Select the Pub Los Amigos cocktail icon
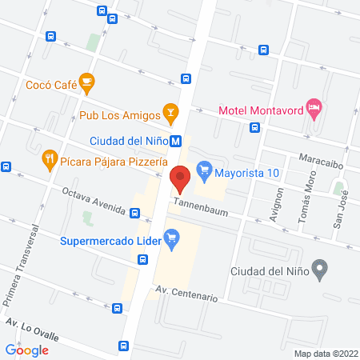(x=170, y=111)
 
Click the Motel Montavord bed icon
(x=314, y=106)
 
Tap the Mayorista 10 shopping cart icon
(x=204, y=169)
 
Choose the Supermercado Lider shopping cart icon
(x=170, y=237)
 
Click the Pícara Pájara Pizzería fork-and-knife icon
(x=50, y=158)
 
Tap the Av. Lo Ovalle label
(x=32, y=328)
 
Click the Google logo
(x=27, y=350)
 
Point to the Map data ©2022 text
(x=324, y=353)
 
